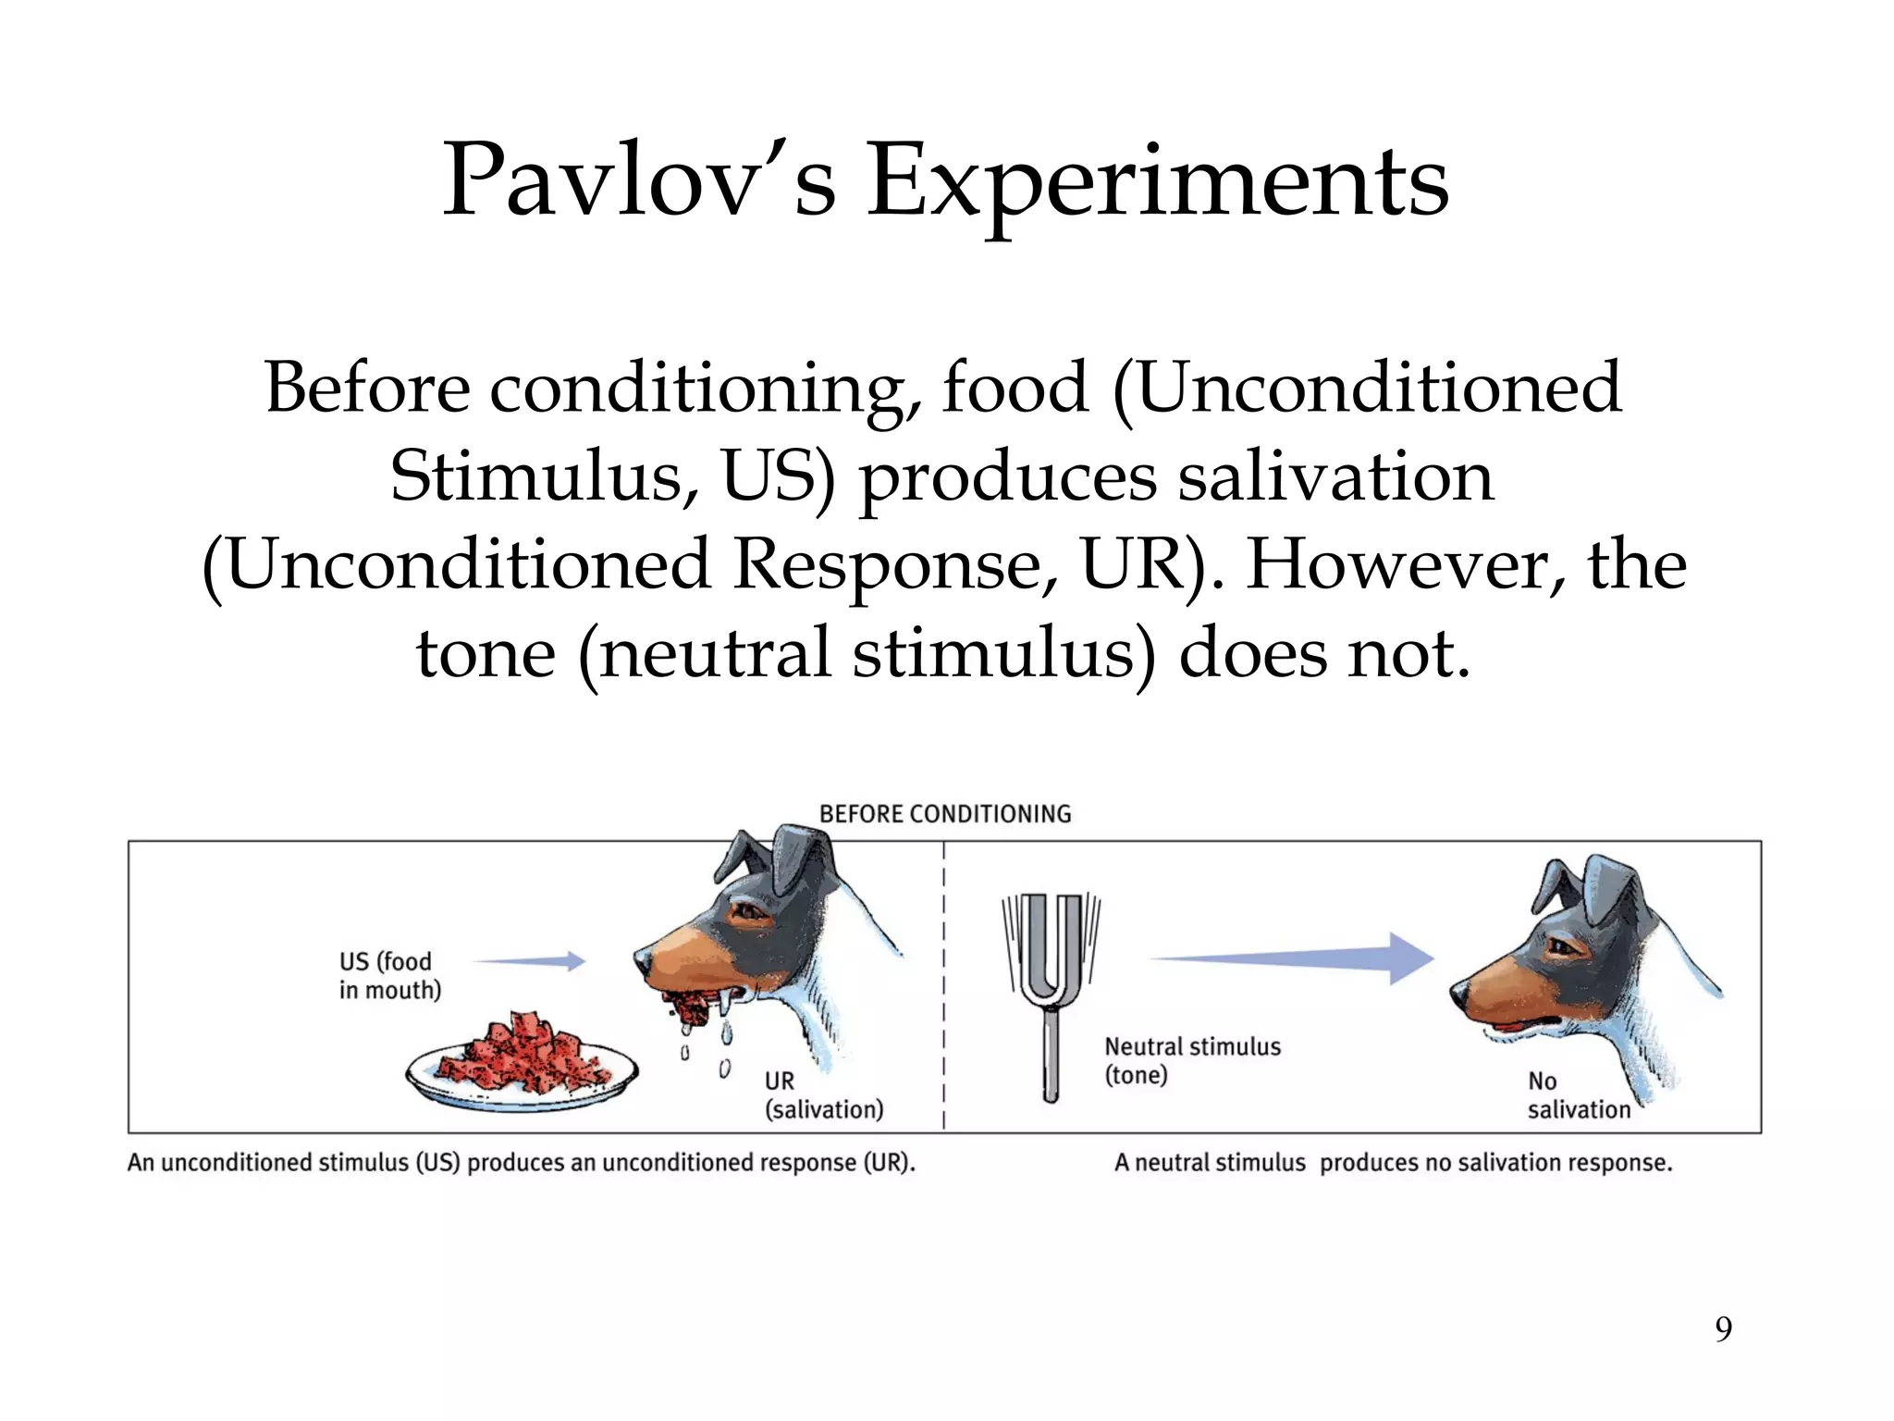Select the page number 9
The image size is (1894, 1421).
pyautogui.click(x=1723, y=1329)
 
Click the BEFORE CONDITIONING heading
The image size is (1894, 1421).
pyautogui.click(x=945, y=814)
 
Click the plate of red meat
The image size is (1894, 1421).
pyautogui.click(x=523, y=1064)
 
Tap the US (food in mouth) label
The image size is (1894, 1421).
pyautogui.click(x=389, y=976)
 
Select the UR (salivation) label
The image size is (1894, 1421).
pyautogui.click(x=823, y=1095)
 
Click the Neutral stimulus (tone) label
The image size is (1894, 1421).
pyautogui.click(x=1192, y=1060)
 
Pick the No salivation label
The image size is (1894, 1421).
pyautogui.click(x=1579, y=1095)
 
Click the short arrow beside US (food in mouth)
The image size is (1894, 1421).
pyautogui.click(x=531, y=962)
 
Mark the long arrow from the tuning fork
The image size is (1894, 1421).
pyautogui.click(x=1295, y=958)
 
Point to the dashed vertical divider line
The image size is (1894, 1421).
pyautogui.click(x=943, y=990)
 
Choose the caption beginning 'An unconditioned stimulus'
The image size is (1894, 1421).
pyautogui.click(x=521, y=1163)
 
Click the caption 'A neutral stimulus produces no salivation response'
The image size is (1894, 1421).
pyautogui.click(x=1393, y=1163)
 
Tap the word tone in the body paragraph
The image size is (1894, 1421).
pyautogui.click(x=486, y=653)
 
